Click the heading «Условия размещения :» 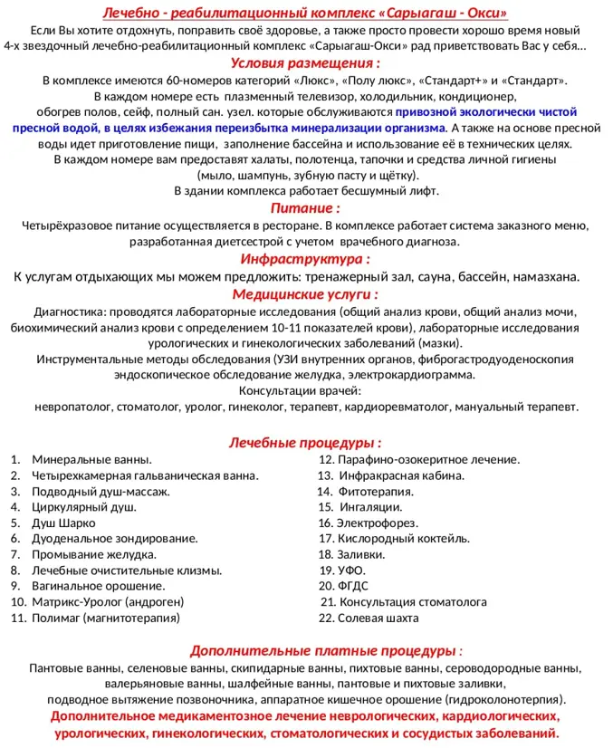coord(305,63)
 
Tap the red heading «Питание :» coord(305,208)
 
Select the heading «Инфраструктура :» coord(305,260)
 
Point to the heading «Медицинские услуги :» coord(305,294)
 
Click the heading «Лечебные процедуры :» coord(305,443)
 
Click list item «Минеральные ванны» coord(91,460)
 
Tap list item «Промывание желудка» coord(93,555)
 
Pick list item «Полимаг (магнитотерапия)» coord(106,619)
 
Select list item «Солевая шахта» coord(378,619)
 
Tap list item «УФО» coord(351,571)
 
